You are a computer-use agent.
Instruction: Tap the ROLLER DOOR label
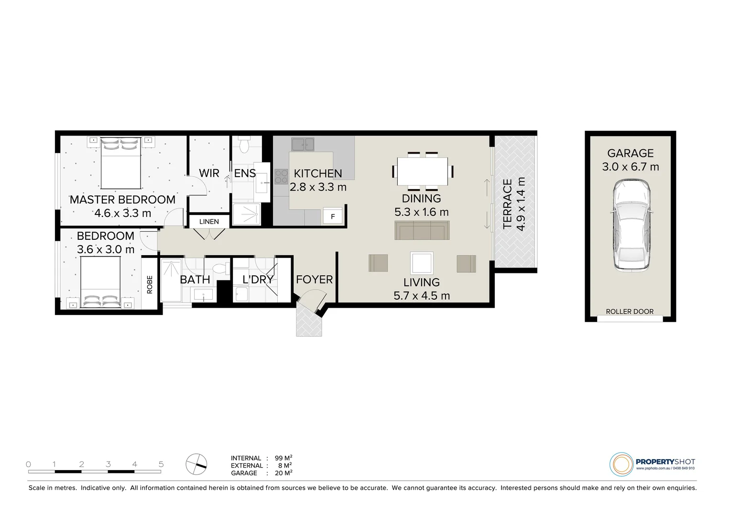pyautogui.click(x=630, y=312)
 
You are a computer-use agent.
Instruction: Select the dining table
pyautogui.click(x=423, y=171)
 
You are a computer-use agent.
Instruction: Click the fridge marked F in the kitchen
pyautogui.click(x=333, y=216)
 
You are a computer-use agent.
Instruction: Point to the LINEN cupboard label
pyautogui.click(x=209, y=222)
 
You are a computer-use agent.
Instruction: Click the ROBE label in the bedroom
pyautogui.click(x=149, y=284)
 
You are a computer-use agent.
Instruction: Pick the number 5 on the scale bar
pyautogui.click(x=161, y=464)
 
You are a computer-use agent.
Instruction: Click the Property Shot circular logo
pyautogui.click(x=621, y=464)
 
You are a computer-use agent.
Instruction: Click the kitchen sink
pyautogui.click(x=303, y=143)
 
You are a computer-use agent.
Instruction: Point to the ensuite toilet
pyautogui.click(x=244, y=145)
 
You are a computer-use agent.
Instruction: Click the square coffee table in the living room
pyautogui.click(x=422, y=263)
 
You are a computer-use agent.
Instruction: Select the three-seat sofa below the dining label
pyautogui.click(x=422, y=230)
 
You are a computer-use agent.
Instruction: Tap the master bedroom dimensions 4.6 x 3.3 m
pyautogui.click(x=122, y=213)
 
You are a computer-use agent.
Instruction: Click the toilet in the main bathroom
pyautogui.click(x=221, y=270)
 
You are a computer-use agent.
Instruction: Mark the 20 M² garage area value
pyautogui.click(x=284, y=473)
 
